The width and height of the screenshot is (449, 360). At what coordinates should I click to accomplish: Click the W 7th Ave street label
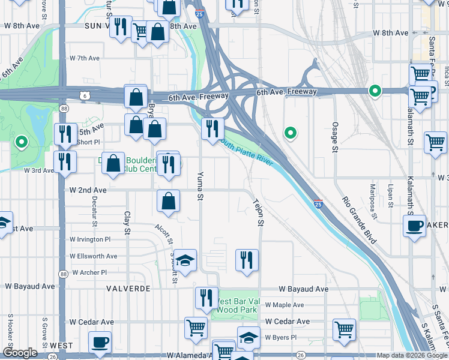point(84,58)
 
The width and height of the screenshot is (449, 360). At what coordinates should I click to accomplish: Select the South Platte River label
point(246,153)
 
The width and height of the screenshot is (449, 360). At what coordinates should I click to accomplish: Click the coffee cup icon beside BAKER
point(414,226)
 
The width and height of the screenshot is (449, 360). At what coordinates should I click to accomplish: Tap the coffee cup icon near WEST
point(99,343)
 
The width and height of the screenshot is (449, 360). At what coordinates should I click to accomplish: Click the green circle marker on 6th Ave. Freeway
point(375,91)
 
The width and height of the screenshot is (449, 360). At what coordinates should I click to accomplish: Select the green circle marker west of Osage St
point(291,133)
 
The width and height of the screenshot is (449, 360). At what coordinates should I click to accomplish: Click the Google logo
point(20,353)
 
